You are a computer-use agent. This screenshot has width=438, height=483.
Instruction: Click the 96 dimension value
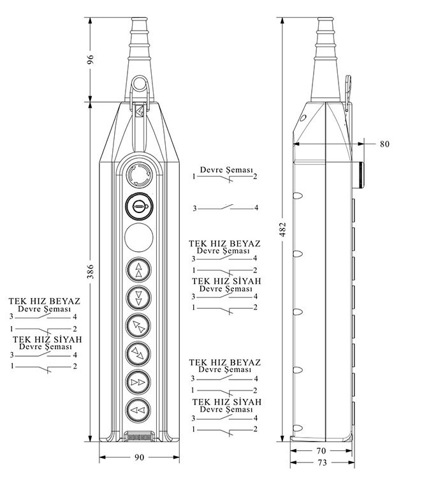pos(91,59)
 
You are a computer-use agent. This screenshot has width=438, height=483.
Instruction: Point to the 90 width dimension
pos(139,457)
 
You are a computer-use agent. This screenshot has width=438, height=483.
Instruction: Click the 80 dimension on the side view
pos(384,144)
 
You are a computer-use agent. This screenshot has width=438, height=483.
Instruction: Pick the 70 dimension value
pos(322,450)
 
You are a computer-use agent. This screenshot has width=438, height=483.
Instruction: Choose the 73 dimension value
pos(322,462)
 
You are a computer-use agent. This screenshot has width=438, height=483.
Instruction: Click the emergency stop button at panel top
pos(139,174)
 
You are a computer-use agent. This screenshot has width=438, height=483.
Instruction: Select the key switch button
pos(139,205)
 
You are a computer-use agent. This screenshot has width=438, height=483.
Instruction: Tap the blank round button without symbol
pos(139,237)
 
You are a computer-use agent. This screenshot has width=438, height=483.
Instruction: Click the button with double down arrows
pos(139,297)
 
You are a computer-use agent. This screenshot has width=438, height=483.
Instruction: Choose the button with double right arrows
pos(139,381)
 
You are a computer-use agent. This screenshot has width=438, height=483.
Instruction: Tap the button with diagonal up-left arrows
pos(139,325)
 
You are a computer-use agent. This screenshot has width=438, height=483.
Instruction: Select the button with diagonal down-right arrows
pos(139,353)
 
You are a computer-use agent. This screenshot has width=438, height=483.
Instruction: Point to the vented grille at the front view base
pos(139,438)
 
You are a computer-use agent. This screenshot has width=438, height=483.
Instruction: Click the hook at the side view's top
pos(348,89)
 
